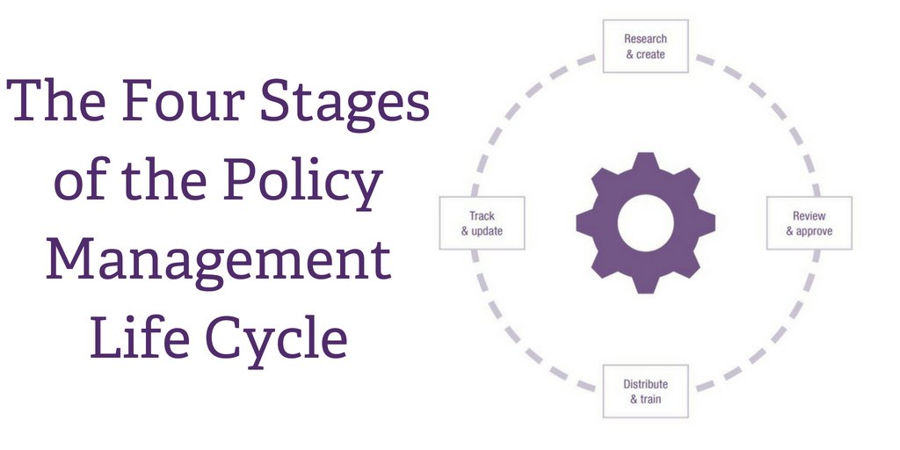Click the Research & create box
tap(645, 46)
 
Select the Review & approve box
tap(809, 223)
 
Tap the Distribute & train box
tap(645, 391)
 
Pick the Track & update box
tap(482, 223)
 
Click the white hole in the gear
tap(645, 222)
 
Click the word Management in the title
tap(219, 259)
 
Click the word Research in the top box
tap(645, 39)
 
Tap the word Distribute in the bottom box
tap(645, 384)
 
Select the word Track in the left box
tap(482, 216)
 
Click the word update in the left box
tap(487, 231)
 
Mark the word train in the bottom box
tap(651, 400)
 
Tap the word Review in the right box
tap(809, 216)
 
